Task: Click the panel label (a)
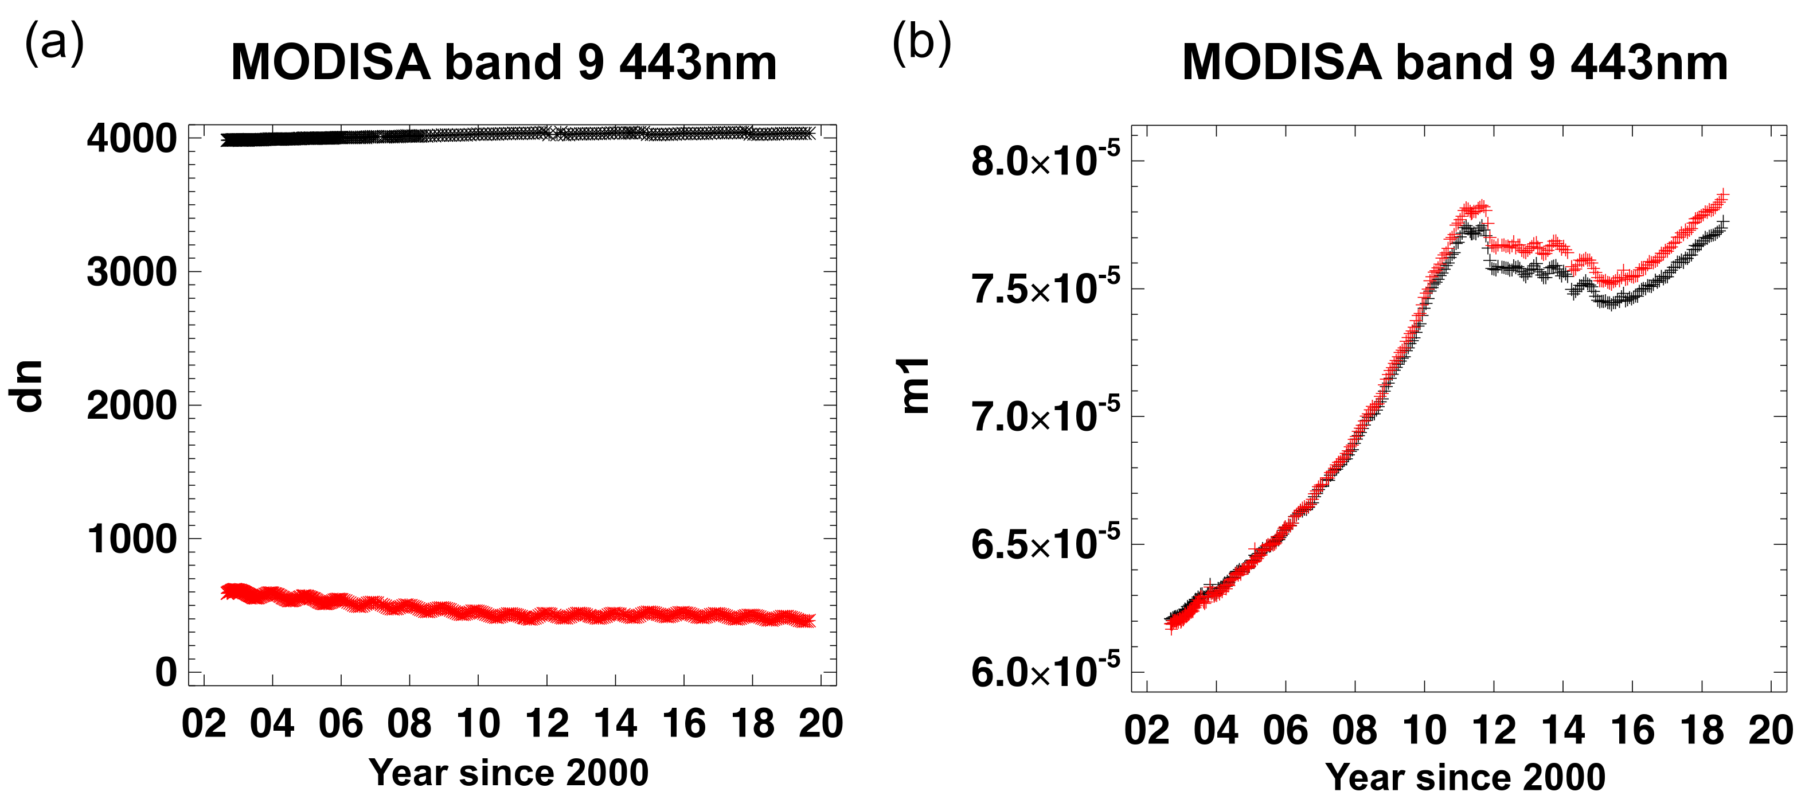point(54,44)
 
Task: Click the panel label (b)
point(921,44)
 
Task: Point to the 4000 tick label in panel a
point(132,139)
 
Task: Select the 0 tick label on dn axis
point(166,672)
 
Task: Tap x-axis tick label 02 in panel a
point(204,723)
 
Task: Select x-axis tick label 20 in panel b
point(1770,730)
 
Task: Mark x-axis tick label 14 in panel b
point(1562,730)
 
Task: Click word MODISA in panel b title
point(1282,63)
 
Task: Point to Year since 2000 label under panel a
point(509,772)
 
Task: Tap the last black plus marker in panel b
point(1723,222)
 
